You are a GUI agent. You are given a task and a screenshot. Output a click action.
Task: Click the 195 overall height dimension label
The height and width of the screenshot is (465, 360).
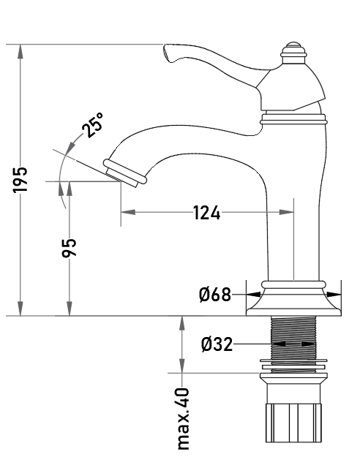tap(20, 180)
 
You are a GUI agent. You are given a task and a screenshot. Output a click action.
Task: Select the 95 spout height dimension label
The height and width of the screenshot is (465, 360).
tap(70, 248)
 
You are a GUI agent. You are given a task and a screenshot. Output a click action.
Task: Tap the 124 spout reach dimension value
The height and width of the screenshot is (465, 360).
tap(206, 213)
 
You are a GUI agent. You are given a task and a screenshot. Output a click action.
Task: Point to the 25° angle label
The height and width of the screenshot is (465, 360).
tap(94, 125)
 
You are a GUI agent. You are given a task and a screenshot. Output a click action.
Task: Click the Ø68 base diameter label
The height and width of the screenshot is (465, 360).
tap(215, 295)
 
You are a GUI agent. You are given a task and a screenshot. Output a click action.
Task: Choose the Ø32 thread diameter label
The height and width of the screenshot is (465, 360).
tap(217, 344)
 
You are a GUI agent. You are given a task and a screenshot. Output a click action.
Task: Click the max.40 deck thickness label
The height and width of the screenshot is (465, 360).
tap(183, 419)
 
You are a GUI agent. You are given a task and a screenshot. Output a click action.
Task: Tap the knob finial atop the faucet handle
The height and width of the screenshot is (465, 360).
tap(293, 53)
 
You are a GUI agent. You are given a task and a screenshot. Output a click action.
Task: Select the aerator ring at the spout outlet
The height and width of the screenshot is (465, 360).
tap(125, 172)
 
